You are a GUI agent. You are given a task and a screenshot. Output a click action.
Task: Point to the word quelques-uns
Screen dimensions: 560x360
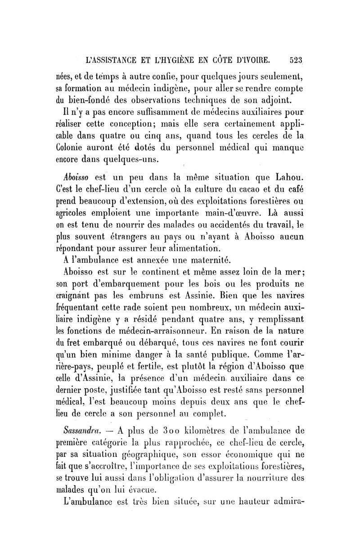pyautogui.click(x=131, y=159)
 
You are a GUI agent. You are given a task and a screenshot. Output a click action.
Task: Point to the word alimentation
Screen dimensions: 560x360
pyautogui.click(x=192, y=247)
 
